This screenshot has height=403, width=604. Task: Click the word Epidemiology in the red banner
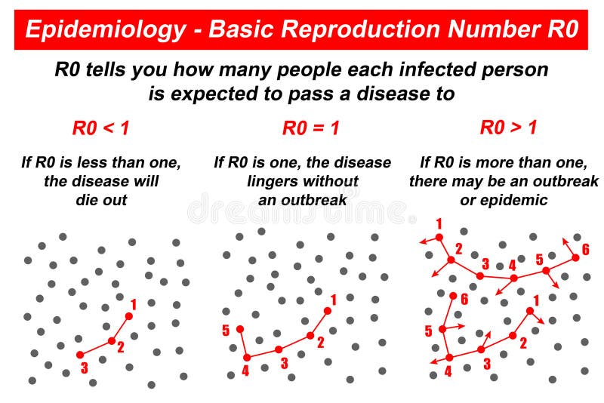[105, 29]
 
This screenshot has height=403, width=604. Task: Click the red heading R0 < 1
[100, 128]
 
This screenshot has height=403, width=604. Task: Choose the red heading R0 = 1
[311, 128]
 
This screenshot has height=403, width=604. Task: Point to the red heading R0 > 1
[508, 128]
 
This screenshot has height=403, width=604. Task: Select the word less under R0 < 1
[120, 162]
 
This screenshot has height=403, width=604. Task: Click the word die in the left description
[88, 200]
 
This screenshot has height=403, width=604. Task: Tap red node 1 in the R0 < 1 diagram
[128, 315]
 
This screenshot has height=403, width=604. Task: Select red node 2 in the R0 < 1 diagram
[112, 341]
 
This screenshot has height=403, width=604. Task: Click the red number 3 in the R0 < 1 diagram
[84, 369]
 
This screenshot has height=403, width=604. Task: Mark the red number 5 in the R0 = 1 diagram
[226, 331]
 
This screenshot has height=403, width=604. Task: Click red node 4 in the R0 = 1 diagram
[246, 357]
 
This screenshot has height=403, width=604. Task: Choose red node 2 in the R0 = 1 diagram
[310, 336]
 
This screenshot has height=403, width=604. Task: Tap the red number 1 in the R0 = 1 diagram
[334, 300]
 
